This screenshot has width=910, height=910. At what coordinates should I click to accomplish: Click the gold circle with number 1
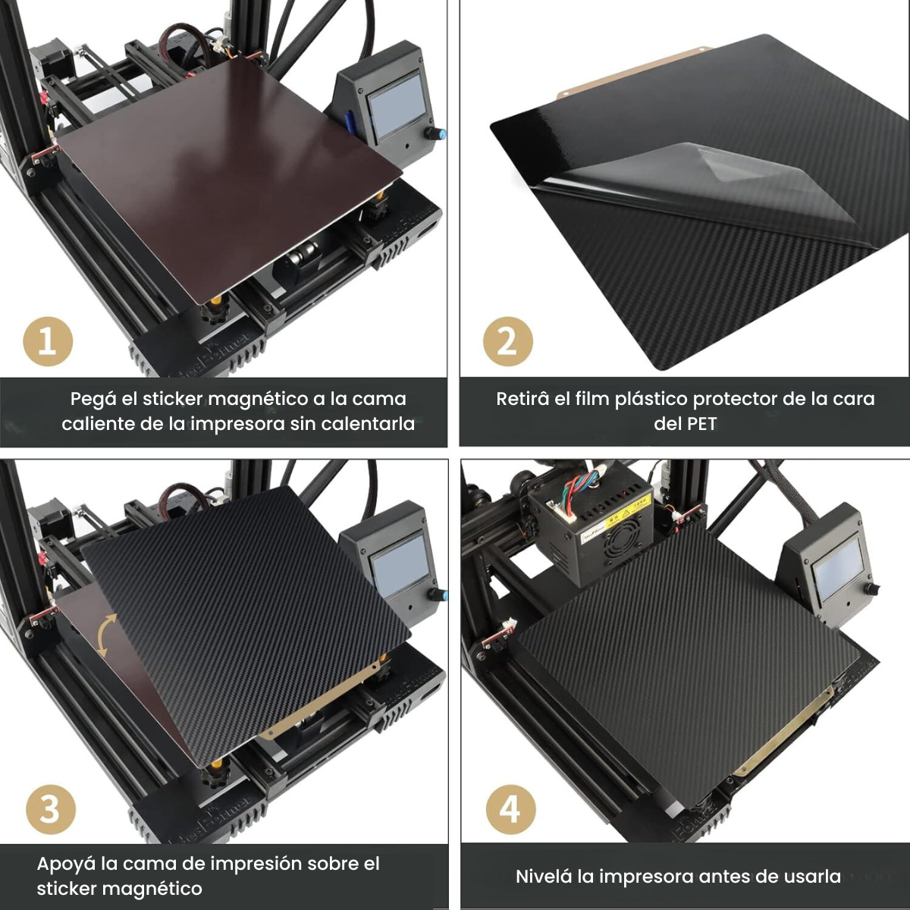coord(48,341)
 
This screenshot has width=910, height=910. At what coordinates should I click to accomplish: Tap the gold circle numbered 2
coord(507,341)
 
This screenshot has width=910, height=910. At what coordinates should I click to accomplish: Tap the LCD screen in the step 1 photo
coord(395,105)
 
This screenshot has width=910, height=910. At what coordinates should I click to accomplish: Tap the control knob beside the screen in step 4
coord(873,589)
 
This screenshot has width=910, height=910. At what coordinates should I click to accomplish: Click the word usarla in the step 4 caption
coord(813,877)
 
